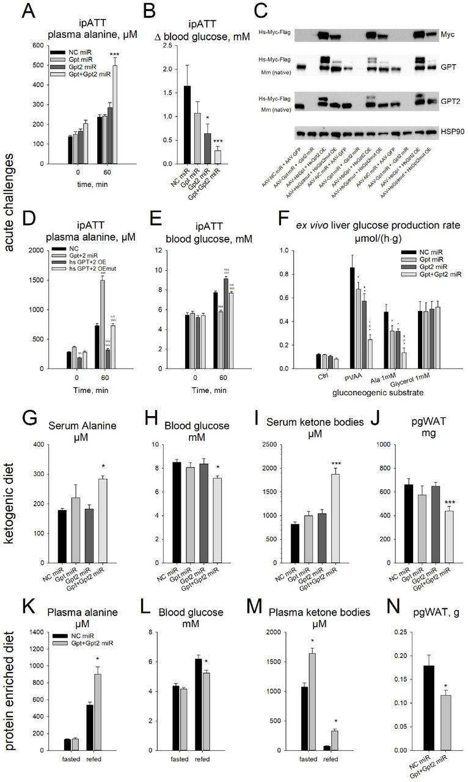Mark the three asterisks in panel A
114,55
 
